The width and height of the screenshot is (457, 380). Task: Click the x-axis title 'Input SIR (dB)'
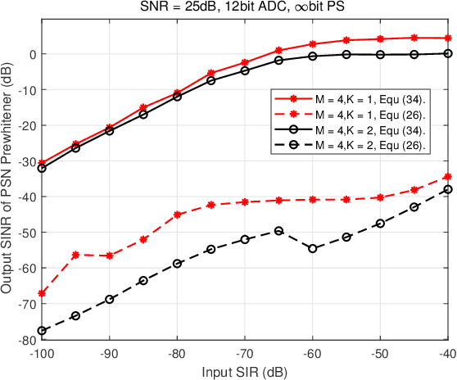244,372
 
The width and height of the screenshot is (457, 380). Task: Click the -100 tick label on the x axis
42,355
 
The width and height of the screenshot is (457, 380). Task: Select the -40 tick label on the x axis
446,355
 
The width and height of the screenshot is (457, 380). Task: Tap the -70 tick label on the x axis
244,355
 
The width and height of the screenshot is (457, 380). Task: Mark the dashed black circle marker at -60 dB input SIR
312,248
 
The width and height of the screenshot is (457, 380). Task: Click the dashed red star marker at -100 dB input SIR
42,293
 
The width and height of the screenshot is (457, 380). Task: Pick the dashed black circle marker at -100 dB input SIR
42,331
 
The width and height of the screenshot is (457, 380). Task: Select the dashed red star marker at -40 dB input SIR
447,177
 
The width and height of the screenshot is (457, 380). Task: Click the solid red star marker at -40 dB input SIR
447,38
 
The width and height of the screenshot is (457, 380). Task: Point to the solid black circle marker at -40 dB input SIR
447,53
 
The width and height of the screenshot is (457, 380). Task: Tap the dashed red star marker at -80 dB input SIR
177,215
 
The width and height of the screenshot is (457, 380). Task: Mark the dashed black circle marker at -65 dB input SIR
278,231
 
